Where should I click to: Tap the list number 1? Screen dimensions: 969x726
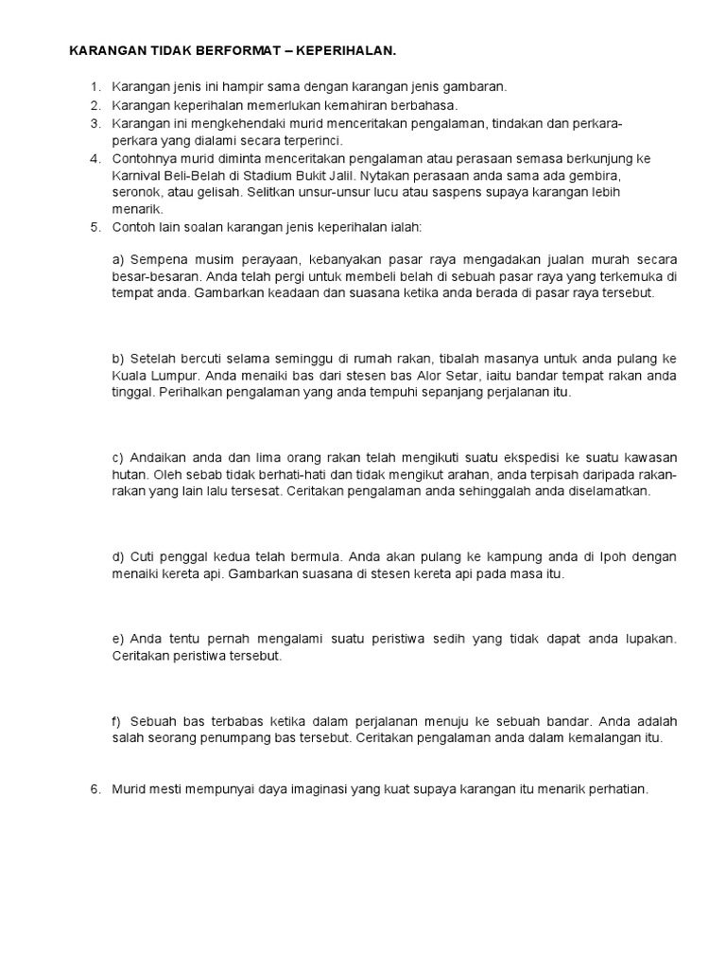95,86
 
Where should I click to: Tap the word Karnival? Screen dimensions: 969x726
138,175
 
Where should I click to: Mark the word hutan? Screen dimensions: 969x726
130,475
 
